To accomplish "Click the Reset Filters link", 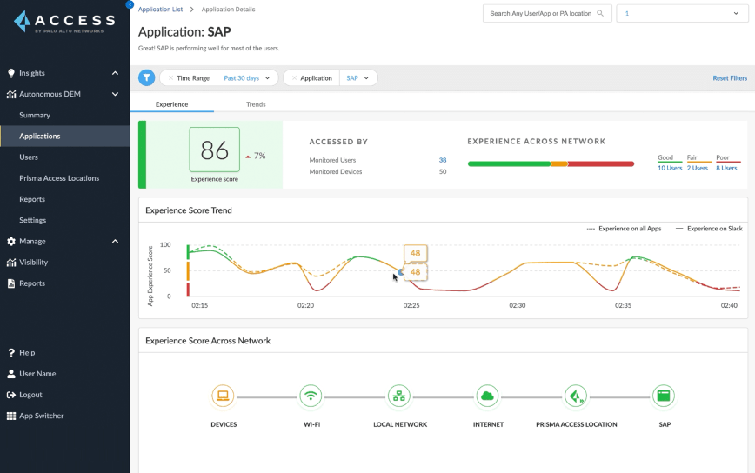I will (x=729, y=78).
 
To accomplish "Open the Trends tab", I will (x=256, y=104).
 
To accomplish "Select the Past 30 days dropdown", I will (x=246, y=78).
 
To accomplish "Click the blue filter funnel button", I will (x=147, y=78).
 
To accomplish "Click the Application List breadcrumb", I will (x=160, y=10).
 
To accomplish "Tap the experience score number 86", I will (x=214, y=150).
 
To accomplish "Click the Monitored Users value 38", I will (x=442, y=160).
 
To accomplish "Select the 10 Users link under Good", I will (x=669, y=168).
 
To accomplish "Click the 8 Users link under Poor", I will (x=726, y=168).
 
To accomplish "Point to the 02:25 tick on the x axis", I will (x=411, y=306).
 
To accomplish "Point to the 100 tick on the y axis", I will (x=165, y=245).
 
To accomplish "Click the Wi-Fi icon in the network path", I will (x=310, y=396).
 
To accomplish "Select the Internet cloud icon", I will (x=487, y=396).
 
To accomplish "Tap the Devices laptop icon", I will (x=223, y=396).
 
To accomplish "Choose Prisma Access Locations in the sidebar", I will (x=59, y=178).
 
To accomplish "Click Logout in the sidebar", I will (x=30, y=395).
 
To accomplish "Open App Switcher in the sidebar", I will (x=41, y=416).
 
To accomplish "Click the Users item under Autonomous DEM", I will (x=29, y=157).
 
